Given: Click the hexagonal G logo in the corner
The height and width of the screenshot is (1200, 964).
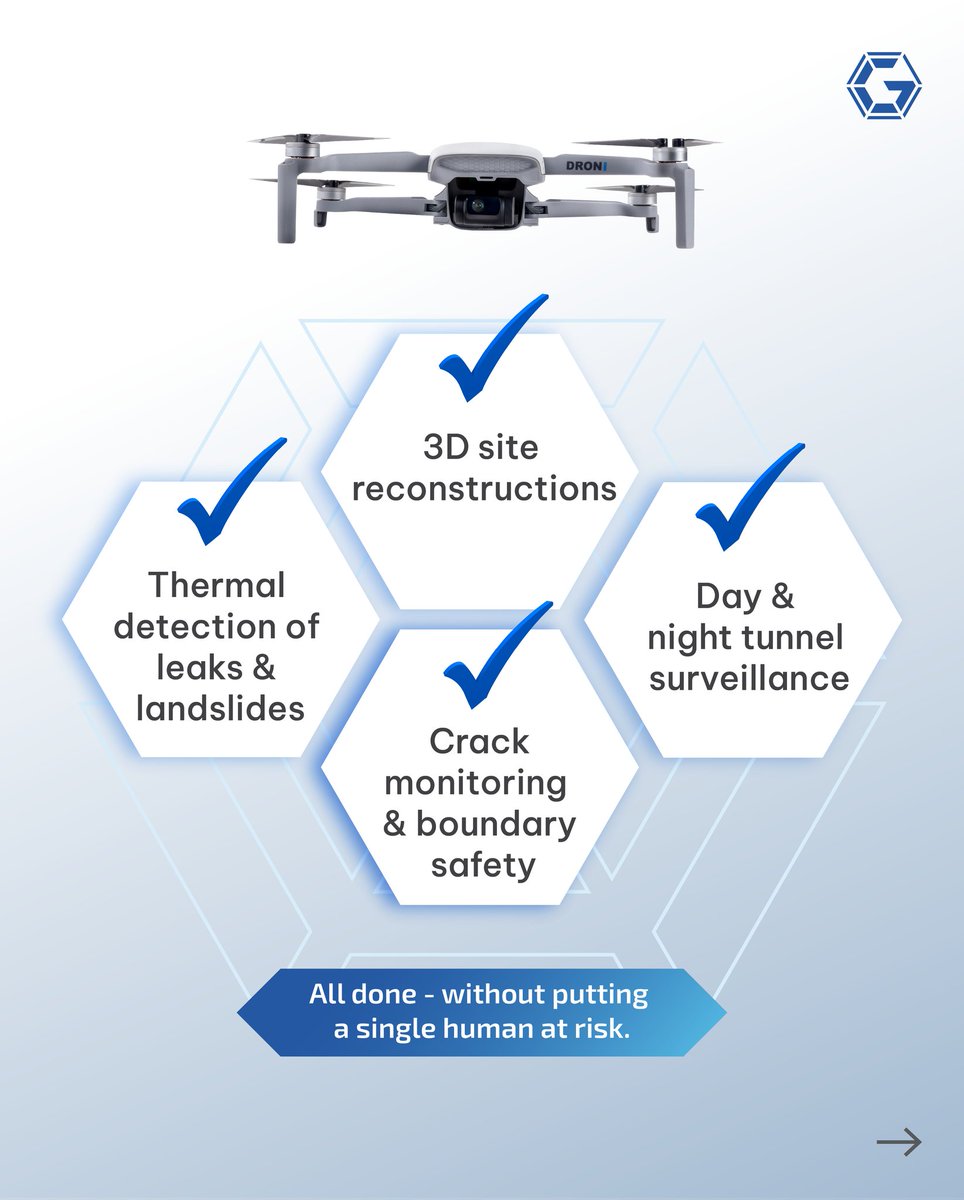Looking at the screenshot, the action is (x=883, y=86).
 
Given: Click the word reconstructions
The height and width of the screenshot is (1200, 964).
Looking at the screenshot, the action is (x=484, y=489).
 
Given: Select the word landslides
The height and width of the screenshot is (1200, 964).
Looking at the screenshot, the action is (x=220, y=709).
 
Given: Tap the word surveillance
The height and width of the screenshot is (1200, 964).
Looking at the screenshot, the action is (x=749, y=679).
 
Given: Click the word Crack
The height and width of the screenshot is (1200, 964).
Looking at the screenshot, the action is (x=479, y=742).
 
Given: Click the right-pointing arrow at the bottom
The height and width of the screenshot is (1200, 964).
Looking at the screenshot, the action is (x=898, y=1142).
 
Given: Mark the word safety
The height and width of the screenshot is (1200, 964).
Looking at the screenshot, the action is (x=483, y=864).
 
